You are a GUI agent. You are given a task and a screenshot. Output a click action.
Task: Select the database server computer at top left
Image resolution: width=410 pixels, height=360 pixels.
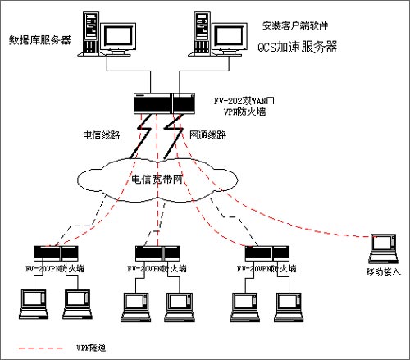tap(107, 35)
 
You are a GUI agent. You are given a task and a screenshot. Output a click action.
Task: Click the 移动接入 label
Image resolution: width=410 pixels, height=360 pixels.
tap(383, 271)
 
